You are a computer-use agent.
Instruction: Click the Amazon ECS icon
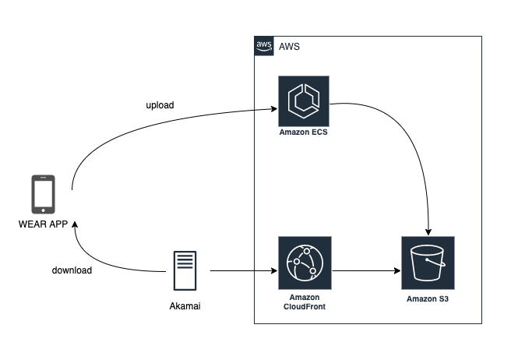click(304, 102)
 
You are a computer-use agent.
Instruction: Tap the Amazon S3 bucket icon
click(427, 263)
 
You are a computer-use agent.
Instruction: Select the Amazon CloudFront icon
click(305, 263)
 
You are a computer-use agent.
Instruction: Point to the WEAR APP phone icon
click(43, 195)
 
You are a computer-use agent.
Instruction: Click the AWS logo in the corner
click(264, 46)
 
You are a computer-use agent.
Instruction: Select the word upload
click(160, 104)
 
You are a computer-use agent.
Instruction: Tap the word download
click(72, 270)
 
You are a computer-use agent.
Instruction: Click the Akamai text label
click(185, 306)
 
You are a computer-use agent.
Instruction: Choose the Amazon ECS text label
click(304, 133)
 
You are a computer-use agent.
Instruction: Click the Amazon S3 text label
click(427, 298)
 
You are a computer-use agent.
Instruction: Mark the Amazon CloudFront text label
click(305, 303)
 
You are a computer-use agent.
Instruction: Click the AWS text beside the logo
click(289, 47)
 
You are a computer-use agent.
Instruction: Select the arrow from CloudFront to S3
click(366, 271)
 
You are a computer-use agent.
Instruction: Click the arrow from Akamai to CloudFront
click(241, 271)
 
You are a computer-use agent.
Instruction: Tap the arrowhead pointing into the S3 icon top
click(428, 231)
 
